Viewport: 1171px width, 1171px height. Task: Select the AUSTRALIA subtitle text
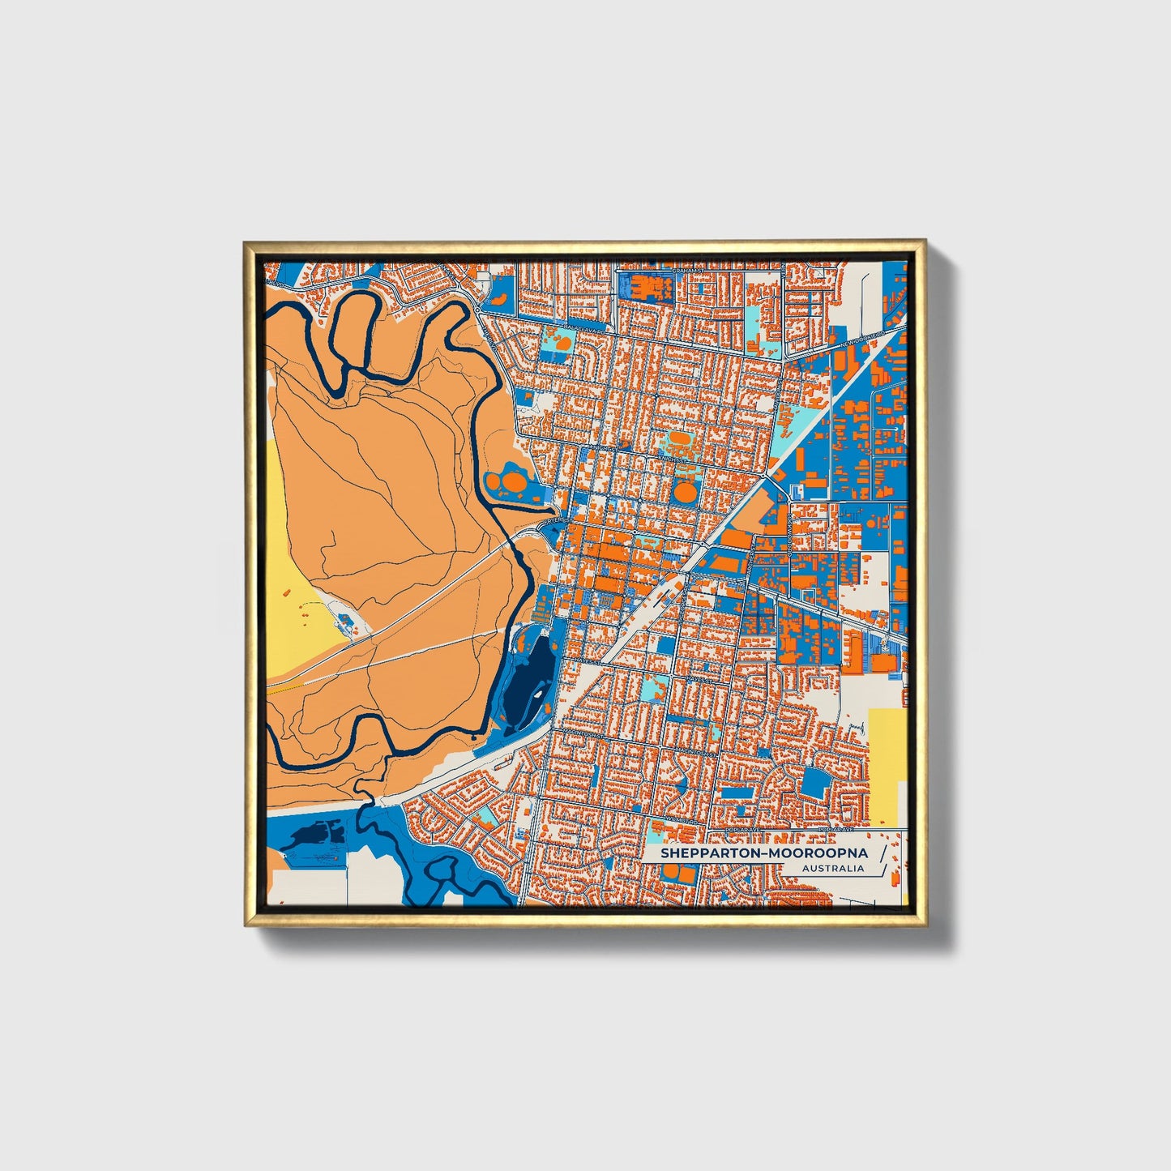click(832, 869)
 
